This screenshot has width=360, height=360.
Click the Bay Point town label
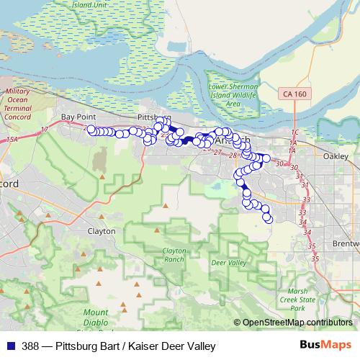tap(78, 116)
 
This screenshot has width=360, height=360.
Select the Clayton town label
tap(101, 231)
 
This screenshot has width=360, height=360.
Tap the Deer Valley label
tap(225, 263)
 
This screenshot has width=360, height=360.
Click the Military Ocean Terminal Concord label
tap(18, 104)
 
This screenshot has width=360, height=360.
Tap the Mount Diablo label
tap(95, 317)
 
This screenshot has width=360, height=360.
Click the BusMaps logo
tap(326, 346)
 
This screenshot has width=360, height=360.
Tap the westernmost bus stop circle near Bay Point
tap(91, 130)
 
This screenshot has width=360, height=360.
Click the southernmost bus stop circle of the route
tap(269, 218)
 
